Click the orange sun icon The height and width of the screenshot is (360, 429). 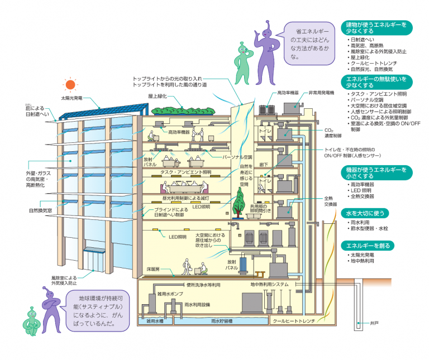coord(70,85)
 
